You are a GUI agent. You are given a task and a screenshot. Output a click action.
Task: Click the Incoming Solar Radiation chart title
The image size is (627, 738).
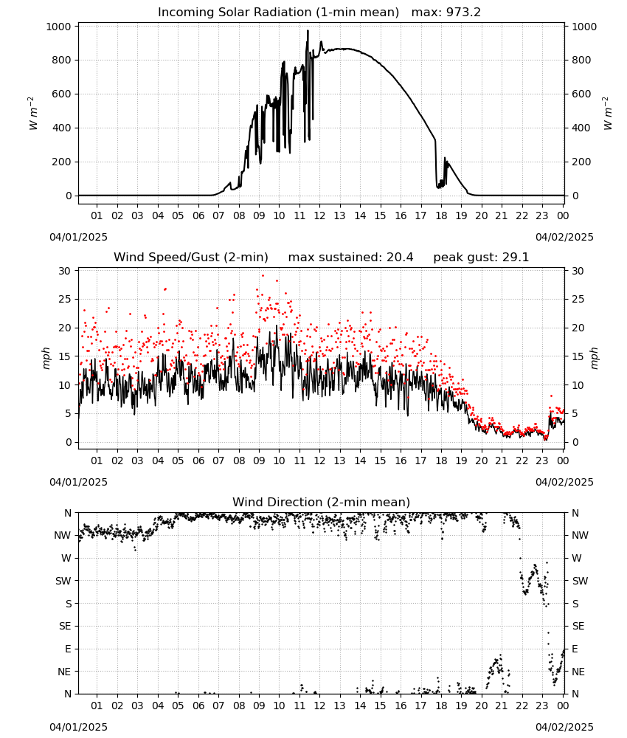(278, 13)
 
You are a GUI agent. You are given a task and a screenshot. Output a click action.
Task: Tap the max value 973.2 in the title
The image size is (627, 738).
(463, 13)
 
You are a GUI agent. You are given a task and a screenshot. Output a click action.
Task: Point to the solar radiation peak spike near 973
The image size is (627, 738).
(308, 31)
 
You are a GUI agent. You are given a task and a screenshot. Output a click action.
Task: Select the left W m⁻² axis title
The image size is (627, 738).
(32, 114)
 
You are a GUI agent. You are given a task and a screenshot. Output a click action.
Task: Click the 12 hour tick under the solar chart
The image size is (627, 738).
(319, 216)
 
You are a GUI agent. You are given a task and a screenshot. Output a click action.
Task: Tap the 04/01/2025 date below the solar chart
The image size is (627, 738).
(78, 237)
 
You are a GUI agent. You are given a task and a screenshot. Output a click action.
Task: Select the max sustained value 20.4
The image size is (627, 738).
(400, 258)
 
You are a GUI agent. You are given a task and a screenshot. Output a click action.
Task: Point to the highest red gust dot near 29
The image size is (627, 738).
(263, 276)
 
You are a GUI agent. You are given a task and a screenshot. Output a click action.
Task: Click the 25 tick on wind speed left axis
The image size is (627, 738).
(66, 300)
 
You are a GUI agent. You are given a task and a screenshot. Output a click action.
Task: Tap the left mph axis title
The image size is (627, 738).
(46, 358)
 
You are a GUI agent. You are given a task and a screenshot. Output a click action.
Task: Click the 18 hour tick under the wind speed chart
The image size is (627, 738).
(441, 461)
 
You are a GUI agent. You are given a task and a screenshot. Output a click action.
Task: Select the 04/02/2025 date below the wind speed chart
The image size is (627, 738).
(564, 482)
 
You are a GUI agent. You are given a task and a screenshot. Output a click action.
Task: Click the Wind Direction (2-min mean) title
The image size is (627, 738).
(322, 502)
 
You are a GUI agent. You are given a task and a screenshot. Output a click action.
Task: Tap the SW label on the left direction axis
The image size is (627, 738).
(63, 582)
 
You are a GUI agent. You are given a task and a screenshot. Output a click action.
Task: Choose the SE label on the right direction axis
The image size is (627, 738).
(578, 627)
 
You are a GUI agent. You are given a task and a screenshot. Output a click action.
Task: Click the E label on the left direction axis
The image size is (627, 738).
(68, 649)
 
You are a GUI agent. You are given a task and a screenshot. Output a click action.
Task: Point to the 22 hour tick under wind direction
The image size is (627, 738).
(522, 706)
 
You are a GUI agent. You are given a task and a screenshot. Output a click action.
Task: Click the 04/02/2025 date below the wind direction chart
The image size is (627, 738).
(564, 727)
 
